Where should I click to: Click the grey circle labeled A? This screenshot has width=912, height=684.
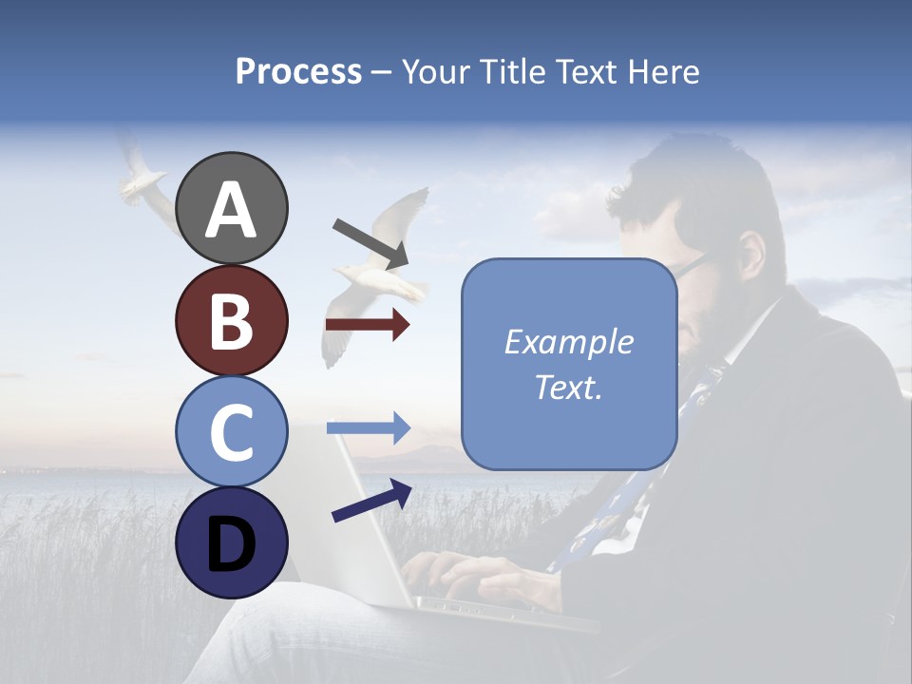click(231, 209)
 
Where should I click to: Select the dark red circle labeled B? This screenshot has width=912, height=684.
click(231, 320)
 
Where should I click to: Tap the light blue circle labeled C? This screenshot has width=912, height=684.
click(231, 431)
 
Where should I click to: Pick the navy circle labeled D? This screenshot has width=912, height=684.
click(231, 542)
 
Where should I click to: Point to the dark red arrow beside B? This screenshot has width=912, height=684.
click(368, 325)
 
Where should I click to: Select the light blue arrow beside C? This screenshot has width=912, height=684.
click(368, 428)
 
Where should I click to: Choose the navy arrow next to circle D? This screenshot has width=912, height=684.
click(371, 501)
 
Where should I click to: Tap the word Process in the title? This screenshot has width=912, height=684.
click(298, 71)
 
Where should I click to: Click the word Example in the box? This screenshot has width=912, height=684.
click(569, 342)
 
